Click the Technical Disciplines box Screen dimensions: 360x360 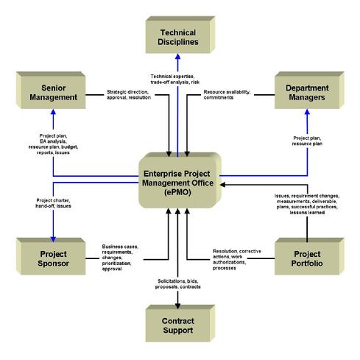tap(180, 35)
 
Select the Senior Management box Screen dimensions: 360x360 tap(51, 90)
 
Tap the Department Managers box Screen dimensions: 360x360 tap(309, 90)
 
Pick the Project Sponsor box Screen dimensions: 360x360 tap(51, 256)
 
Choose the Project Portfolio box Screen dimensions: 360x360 tap(309, 256)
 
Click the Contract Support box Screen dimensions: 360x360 tap(180, 323)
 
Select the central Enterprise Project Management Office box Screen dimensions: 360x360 tap(180, 180)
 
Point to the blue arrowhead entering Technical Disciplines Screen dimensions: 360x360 tap(178, 57)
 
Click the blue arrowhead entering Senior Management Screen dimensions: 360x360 tap(53, 112)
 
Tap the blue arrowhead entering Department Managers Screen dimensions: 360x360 tap(307, 112)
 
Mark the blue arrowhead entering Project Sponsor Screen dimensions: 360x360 tap(53, 239)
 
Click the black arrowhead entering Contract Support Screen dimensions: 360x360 tap(178, 306)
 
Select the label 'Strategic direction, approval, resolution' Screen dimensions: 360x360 tap(129, 95)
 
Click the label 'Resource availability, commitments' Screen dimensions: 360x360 tap(227, 95)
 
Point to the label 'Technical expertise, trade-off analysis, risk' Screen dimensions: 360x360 tap(175, 80)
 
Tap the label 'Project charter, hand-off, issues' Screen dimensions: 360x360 tap(53, 203)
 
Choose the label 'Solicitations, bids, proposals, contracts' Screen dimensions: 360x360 tap(178, 284)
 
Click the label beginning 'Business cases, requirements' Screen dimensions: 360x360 tap(120, 258)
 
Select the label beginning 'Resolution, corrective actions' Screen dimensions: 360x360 tap(237, 260)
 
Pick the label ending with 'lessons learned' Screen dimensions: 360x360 tap(307, 204)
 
